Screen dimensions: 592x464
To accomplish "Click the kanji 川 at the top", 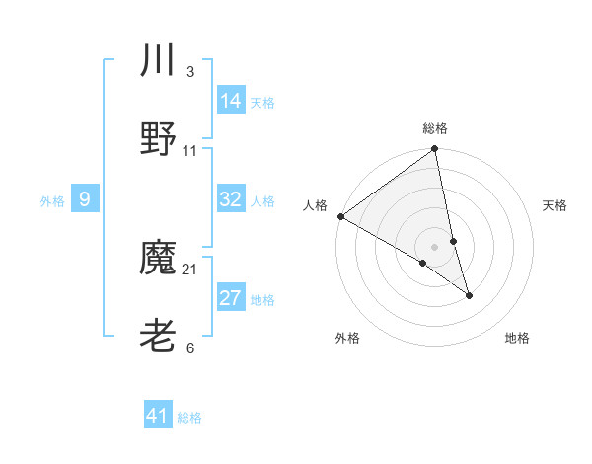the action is click(x=158, y=60).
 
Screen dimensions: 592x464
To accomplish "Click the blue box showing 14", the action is click(x=231, y=100).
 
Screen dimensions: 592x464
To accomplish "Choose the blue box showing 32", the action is click(x=231, y=199).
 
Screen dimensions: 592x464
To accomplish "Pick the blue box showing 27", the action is click(x=231, y=298).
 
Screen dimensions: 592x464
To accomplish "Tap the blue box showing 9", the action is click(x=85, y=199).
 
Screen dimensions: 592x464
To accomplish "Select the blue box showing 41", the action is click(x=158, y=416).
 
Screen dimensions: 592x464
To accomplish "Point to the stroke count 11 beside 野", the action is click(x=190, y=151).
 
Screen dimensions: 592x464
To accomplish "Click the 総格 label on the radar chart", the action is click(x=435, y=128).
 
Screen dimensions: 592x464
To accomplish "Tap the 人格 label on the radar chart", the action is click(x=316, y=205).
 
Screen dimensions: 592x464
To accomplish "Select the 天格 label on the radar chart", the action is click(x=555, y=205).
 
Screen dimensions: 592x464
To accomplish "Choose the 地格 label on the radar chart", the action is click(x=517, y=338).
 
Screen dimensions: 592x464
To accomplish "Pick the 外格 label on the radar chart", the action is click(x=347, y=338).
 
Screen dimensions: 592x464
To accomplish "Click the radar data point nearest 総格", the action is click(x=435, y=150).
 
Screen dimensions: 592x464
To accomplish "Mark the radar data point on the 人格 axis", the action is click(x=340, y=216).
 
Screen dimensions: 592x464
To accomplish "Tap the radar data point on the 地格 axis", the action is click(x=469, y=295).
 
